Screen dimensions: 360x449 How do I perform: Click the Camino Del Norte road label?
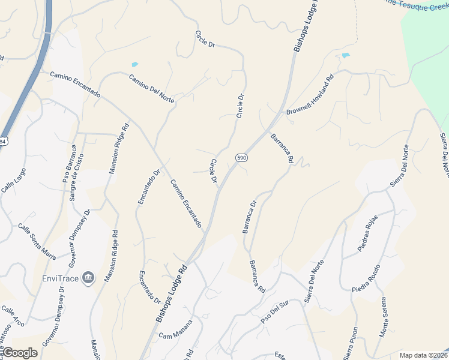click(x=151, y=89)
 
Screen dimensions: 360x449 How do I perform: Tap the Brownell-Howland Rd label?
click(x=310, y=95)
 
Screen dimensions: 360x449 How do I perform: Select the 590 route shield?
click(x=241, y=157)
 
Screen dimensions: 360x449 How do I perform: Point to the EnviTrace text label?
click(x=60, y=278)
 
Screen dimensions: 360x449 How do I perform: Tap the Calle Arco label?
click(x=12, y=314)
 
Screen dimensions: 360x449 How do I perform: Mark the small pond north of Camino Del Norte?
click(x=134, y=64)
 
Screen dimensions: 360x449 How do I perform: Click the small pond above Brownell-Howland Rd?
click(x=345, y=56)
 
